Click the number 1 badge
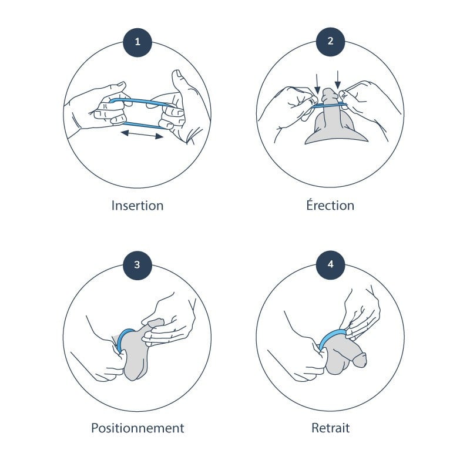coord(137,42)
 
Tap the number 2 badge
coord(330,42)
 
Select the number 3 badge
coord(137,264)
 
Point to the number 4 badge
coord(330,264)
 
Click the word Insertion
coord(137,206)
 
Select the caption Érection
coord(330,206)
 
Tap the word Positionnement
coord(137,428)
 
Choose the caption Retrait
coord(330,428)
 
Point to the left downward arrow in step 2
coord(318,81)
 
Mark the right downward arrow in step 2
coord(339,78)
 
